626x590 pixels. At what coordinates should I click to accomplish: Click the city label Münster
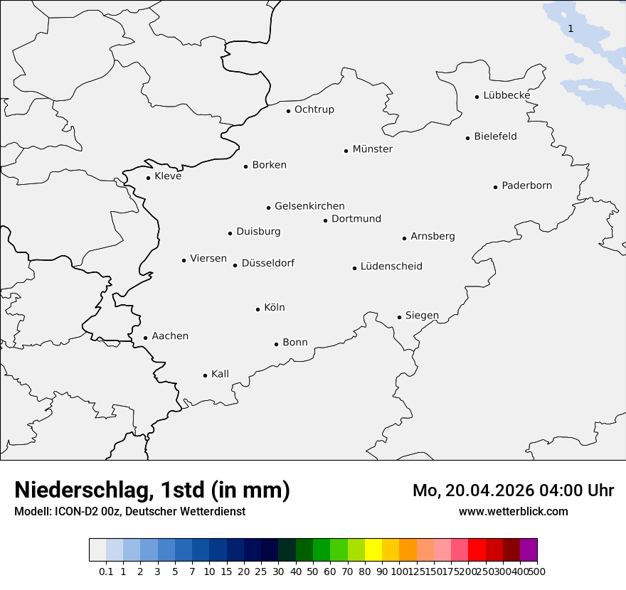[x=373, y=149]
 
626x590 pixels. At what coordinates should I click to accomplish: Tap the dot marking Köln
[x=258, y=309]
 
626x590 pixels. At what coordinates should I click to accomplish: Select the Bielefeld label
[x=496, y=136]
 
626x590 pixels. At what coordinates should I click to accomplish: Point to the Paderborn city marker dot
[x=495, y=187]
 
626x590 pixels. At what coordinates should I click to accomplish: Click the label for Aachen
[x=170, y=336]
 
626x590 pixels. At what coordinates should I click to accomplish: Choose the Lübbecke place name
[x=506, y=95]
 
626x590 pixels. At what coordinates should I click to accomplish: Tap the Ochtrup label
[x=314, y=109]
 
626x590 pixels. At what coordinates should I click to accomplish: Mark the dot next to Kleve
[x=148, y=178]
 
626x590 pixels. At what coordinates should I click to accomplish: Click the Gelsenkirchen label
[x=309, y=206]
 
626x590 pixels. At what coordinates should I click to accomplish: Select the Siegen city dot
[x=399, y=317]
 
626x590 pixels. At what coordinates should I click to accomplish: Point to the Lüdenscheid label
[x=391, y=267]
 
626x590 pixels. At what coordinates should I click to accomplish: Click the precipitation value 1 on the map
[x=571, y=28]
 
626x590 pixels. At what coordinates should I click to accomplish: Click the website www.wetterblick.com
[x=514, y=512]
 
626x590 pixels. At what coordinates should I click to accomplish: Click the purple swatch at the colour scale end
[x=529, y=550]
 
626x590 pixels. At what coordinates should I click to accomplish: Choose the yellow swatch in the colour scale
[x=373, y=550]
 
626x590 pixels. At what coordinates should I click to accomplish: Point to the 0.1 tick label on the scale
[x=106, y=572]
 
